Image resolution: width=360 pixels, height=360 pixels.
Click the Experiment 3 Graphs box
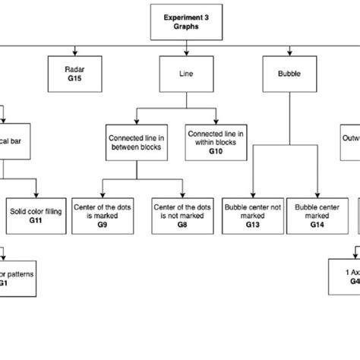pos(186,21)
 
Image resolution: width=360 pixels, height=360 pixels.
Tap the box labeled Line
pos(186,75)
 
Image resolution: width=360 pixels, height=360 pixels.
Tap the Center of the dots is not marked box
pos(182,215)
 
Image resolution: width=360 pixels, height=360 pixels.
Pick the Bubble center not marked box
pos(253,215)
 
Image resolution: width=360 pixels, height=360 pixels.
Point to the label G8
pos(182,226)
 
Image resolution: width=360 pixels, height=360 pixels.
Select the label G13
pos(253,226)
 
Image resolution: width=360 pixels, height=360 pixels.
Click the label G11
pos(36,220)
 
